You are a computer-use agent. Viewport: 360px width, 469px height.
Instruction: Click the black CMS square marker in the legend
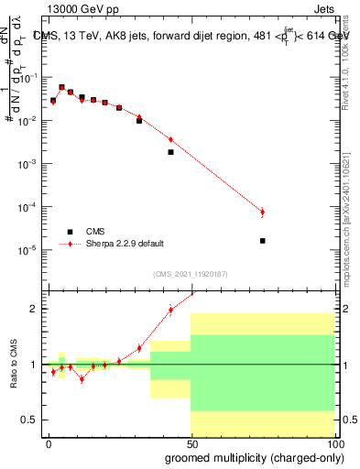pyautogui.click(x=69, y=232)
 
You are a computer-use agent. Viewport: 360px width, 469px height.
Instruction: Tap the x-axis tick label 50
pyautogui.click(x=191, y=444)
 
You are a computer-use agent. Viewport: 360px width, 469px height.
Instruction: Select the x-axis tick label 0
pyautogui.click(x=49, y=444)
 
